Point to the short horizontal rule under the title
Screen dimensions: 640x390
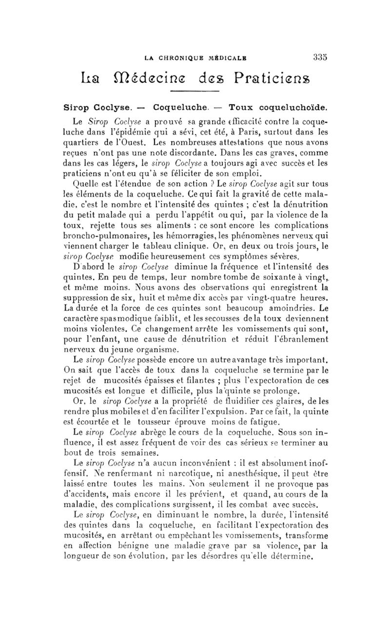coord(194,91)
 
